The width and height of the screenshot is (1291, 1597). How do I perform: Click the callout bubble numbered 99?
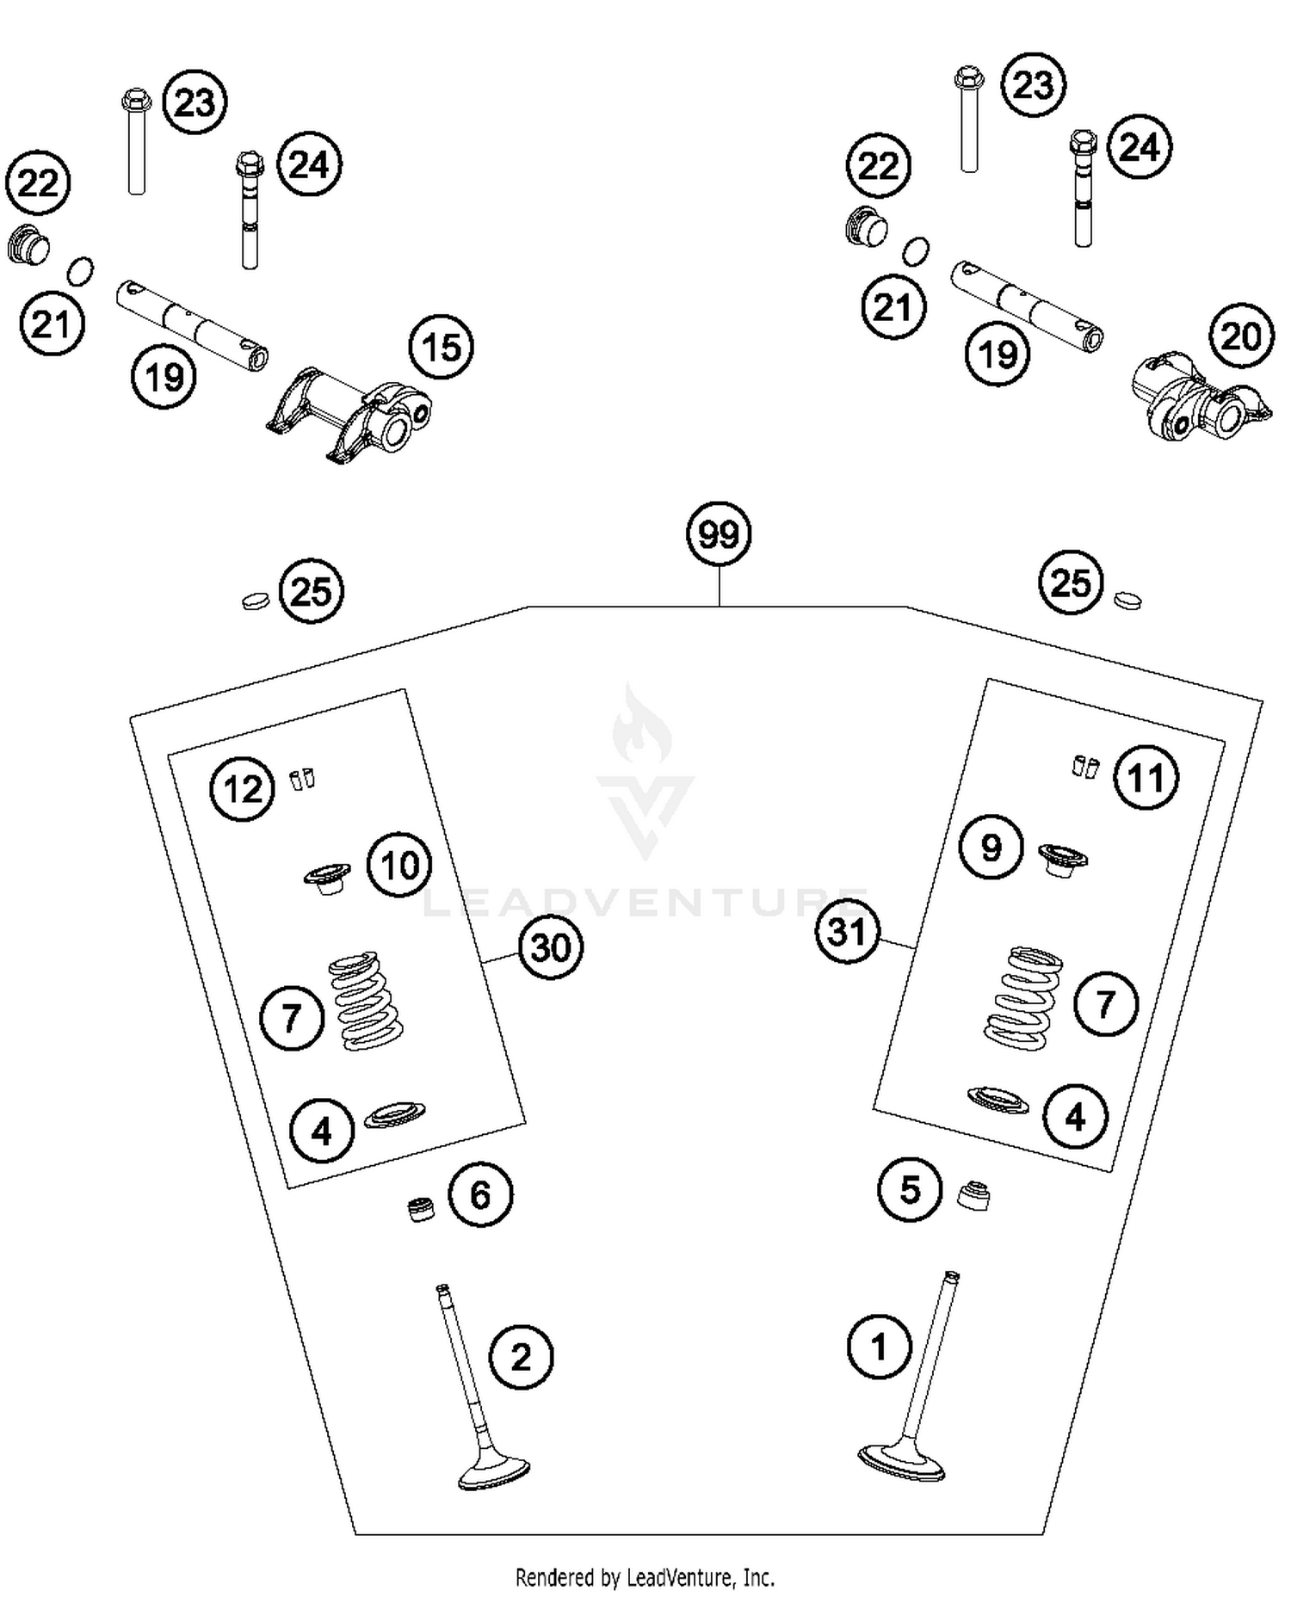point(719,534)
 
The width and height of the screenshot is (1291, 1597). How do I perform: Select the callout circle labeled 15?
point(442,348)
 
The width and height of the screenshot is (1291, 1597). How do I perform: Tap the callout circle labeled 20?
point(1240,336)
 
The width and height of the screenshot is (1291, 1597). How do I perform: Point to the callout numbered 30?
point(551,947)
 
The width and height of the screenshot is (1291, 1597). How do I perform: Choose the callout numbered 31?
point(847,931)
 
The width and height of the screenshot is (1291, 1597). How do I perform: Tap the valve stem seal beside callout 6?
point(420,1209)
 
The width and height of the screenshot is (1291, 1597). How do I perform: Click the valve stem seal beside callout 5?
point(973,1194)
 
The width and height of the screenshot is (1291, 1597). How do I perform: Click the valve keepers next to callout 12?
point(301,779)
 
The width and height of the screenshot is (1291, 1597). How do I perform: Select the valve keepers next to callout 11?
point(1086,766)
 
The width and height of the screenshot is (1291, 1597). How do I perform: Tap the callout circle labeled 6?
point(480,1194)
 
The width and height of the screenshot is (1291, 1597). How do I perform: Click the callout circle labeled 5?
point(910,1190)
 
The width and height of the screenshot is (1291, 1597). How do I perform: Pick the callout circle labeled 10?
point(399,865)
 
